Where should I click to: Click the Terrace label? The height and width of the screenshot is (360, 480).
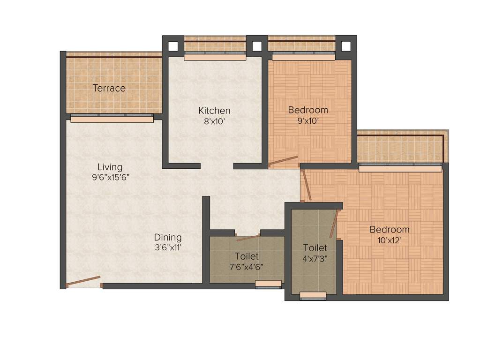pos(109,88)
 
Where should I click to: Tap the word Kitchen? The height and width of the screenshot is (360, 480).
pos(214,111)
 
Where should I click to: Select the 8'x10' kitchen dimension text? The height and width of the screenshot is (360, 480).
pos(214,121)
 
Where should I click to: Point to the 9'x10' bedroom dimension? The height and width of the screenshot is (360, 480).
pos(308,121)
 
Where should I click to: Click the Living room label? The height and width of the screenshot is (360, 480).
pos(110,167)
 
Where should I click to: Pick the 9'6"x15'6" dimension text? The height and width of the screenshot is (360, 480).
pos(110,178)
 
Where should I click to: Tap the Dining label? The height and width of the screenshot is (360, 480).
pos(168,238)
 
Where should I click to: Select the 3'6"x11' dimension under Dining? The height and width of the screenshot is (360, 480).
pos(168,248)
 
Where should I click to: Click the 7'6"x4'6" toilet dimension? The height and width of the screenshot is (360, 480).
pos(247,267)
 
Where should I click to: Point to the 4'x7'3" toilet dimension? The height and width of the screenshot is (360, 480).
pos(315,258)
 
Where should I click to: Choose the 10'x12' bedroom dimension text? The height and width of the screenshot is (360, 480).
pos(389,240)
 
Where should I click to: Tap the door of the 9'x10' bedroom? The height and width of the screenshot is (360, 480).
pos(283,161)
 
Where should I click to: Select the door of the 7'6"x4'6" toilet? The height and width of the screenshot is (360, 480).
pos(248,238)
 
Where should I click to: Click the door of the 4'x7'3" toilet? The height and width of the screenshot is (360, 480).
pos(334,224)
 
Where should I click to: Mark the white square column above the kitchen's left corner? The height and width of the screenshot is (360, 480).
pos(173,46)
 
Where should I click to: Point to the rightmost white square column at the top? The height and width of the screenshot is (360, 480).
pos(346,46)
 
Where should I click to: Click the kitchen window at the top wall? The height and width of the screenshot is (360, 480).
pos(215,56)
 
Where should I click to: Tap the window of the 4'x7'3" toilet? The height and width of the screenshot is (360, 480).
pos(313,295)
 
